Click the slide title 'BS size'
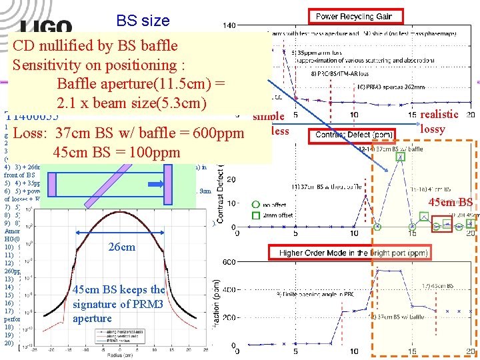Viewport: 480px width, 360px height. point(143,21)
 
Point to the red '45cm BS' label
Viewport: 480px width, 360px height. point(450,203)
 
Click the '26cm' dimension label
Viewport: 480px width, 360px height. point(121,247)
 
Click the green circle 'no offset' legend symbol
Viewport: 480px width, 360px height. point(255,205)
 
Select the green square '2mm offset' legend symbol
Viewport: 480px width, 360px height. point(255,215)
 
